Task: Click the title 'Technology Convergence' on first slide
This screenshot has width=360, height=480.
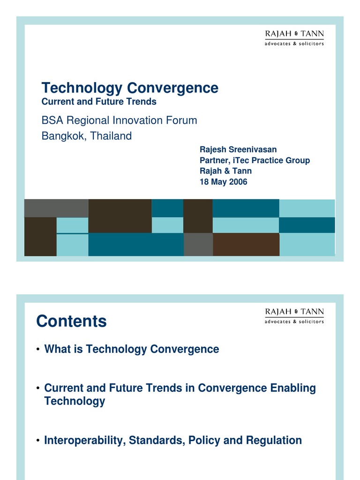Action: (130, 88)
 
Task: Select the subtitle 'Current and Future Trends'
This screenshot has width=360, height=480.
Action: (99, 101)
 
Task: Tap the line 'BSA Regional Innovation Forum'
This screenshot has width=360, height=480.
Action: (119, 120)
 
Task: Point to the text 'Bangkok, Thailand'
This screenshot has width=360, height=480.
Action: (87, 136)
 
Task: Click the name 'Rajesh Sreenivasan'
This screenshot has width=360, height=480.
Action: (238, 150)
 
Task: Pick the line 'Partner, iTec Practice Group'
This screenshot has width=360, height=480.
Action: (255, 160)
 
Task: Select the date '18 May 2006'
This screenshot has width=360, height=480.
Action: (223, 182)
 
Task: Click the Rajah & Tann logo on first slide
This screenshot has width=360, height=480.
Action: (294, 37)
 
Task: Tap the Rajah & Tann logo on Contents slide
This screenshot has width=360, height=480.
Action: (294, 315)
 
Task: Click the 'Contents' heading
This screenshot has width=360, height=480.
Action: (71, 322)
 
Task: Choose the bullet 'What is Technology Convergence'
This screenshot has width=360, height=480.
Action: (131, 349)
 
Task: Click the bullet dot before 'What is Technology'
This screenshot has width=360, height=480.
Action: (37, 350)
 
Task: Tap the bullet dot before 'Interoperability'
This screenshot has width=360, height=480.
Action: (37, 441)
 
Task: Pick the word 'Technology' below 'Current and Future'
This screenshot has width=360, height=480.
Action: (75, 401)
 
